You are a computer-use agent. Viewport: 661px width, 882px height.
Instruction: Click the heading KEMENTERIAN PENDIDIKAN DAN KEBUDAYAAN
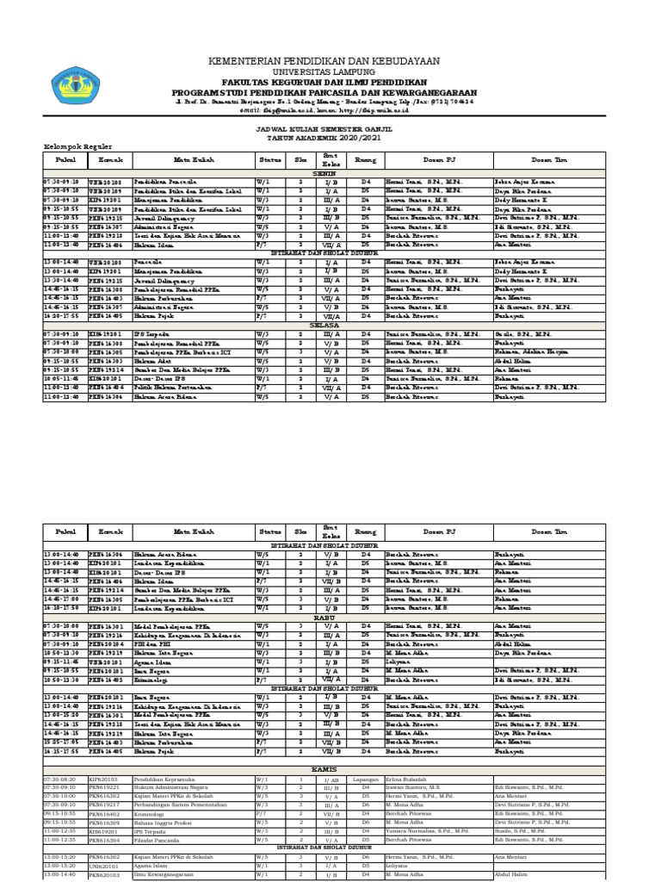(x=324, y=61)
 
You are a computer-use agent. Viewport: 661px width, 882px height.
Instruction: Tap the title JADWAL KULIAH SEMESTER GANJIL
(x=324, y=127)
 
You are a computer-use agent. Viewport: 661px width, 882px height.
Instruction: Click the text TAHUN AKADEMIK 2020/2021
(x=324, y=136)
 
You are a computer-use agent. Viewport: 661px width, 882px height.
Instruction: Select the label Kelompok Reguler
(x=73, y=146)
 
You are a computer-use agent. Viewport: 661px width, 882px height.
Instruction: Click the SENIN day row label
(x=324, y=173)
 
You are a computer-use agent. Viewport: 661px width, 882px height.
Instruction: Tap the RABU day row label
(x=324, y=616)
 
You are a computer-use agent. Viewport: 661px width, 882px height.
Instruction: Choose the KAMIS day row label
(x=324, y=767)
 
